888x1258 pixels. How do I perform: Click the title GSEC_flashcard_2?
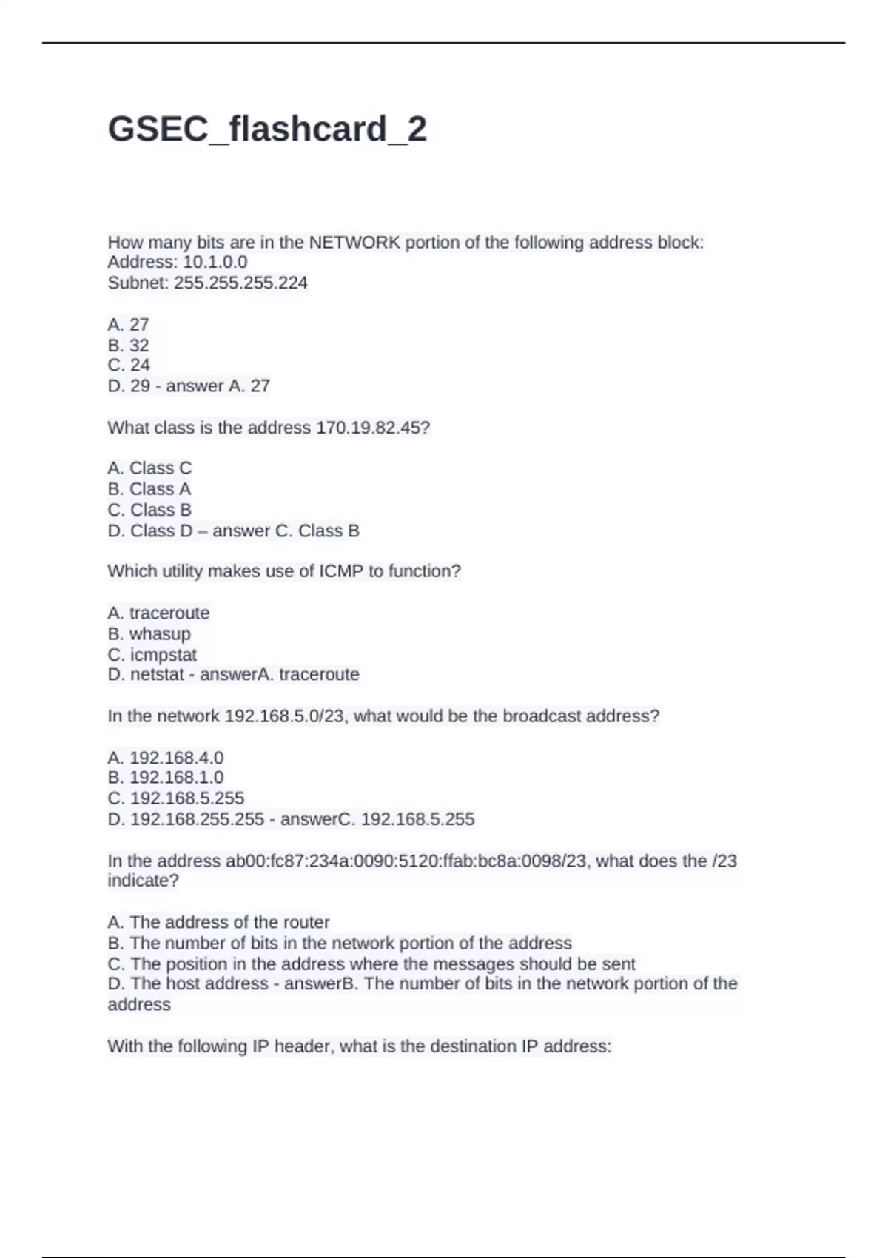(x=267, y=129)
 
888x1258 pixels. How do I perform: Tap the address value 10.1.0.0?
(x=215, y=262)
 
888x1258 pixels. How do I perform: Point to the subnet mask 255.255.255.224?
(x=240, y=283)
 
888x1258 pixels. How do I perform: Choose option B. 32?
(x=129, y=346)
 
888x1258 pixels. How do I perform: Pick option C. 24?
(x=129, y=366)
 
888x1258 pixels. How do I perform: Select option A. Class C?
(x=149, y=468)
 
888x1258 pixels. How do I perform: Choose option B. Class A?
(x=149, y=489)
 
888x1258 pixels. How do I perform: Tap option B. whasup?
(x=149, y=634)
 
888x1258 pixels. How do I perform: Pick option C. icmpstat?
(x=152, y=655)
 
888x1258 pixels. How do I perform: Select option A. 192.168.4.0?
(x=166, y=758)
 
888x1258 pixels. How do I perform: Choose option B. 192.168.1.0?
(x=166, y=778)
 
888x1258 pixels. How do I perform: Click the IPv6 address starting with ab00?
(x=406, y=861)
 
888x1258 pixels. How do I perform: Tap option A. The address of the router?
(x=218, y=923)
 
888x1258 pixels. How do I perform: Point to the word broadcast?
(x=542, y=716)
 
